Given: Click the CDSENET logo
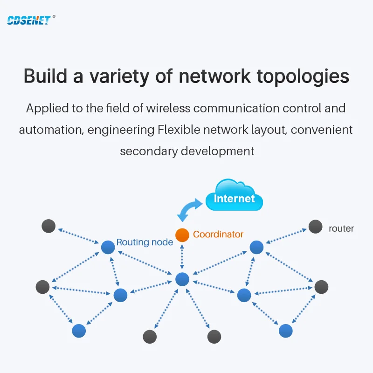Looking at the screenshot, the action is pos(29,20).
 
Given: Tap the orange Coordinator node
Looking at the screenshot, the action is pos(182,235).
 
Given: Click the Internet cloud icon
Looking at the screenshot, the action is pos(234,195).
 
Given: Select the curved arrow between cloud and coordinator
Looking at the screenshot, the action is pos(189,209).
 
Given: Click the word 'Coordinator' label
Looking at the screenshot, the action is pos(218,235).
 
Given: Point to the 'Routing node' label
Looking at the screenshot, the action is pos(145,242).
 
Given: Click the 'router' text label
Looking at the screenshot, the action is pos(341,228).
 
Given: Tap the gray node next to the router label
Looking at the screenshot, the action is pos(316,227).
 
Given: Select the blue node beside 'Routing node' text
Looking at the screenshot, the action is pos(108,247).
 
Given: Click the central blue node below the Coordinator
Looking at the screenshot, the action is pos(182,279).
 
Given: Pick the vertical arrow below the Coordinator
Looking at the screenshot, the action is pos(182,257).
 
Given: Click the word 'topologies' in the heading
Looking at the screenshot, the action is pos(303,76).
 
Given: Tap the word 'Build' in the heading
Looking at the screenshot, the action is pos(45,76).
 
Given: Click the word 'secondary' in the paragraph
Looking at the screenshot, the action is pos(149,151).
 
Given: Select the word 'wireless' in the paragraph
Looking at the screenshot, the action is pos(168,108).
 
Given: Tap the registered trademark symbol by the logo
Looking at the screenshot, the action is pos(54,16).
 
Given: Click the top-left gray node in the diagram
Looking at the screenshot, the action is pos(48,226).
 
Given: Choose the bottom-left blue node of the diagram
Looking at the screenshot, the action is pos(79,331).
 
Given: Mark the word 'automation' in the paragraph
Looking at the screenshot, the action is pos(52,130).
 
